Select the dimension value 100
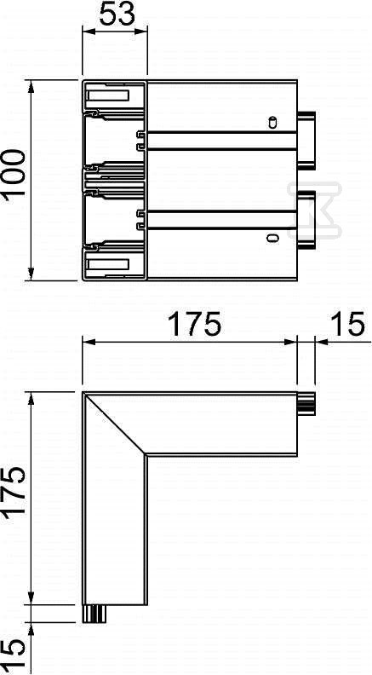coord(14,179)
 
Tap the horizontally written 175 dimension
coord(190,325)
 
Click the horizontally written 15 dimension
coord(346,325)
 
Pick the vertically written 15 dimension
coord(14,649)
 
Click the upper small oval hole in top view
coord(272,122)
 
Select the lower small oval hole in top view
coord(272,238)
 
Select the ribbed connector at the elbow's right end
coord(306,402)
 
